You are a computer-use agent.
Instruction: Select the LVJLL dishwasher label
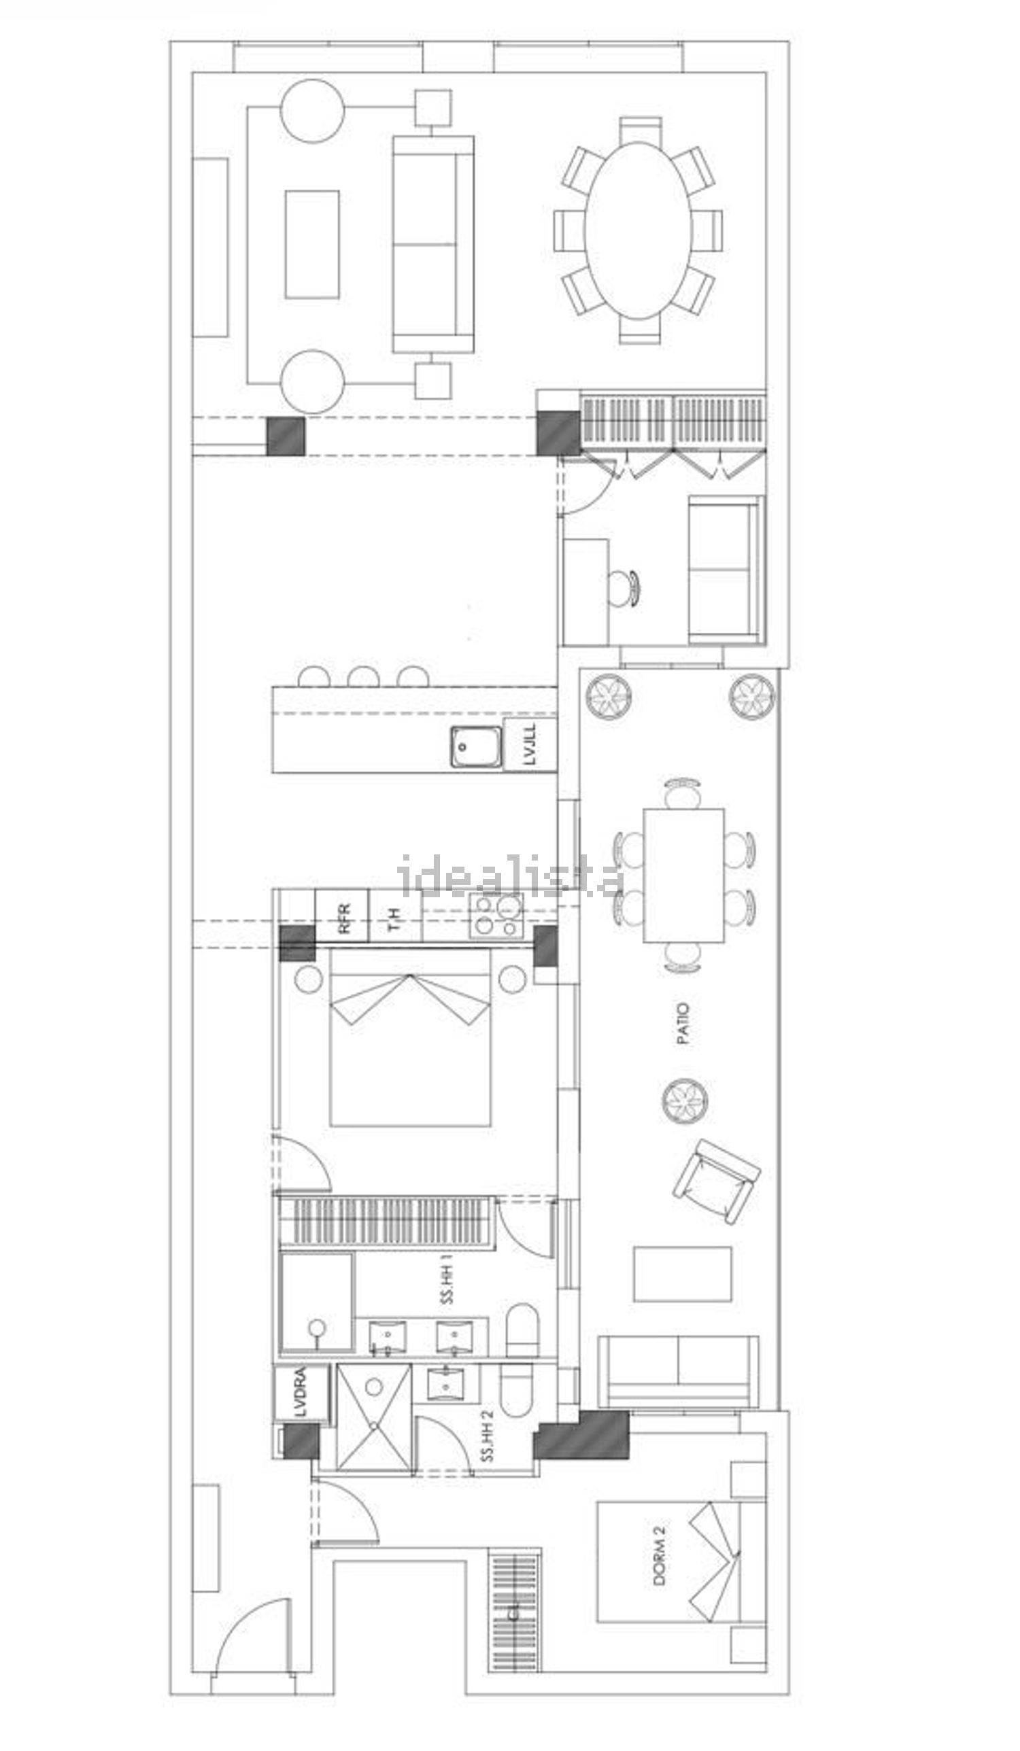click(530, 744)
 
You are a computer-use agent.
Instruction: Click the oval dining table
click(639, 230)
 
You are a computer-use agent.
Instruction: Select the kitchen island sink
click(475, 746)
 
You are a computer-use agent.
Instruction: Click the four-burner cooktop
click(496, 916)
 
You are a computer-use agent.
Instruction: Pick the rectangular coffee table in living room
click(312, 245)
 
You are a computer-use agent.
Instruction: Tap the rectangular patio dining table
click(683, 875)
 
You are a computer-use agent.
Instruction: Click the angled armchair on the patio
click(716, 1181)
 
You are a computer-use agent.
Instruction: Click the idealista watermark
click(511, 876)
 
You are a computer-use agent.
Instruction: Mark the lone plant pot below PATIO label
click(685, 1100)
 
